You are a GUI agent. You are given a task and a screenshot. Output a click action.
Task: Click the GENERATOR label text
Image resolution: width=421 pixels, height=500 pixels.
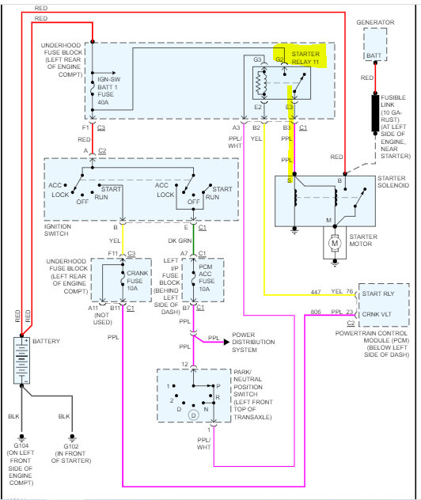point(376,22)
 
